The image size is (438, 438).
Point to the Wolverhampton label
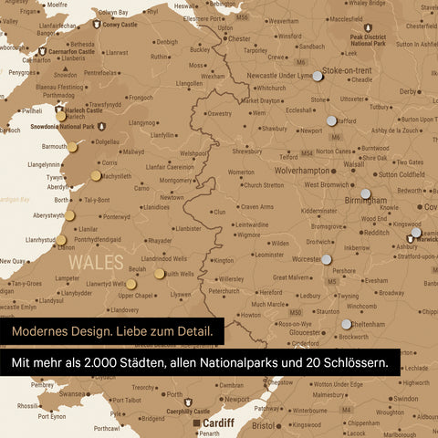pos(289,170)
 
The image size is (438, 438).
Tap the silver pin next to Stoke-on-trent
pos(317,78)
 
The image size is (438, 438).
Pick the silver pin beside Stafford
pos(330,120)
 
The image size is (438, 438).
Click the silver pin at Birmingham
pos(365,193)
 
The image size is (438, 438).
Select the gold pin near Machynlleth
pos(96,175)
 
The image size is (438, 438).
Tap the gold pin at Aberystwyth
pos(71,215)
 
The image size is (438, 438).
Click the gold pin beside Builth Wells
pos(160,273)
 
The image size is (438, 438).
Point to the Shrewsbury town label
pos(247,151)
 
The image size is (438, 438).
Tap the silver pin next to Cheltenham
pos(347,324)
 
